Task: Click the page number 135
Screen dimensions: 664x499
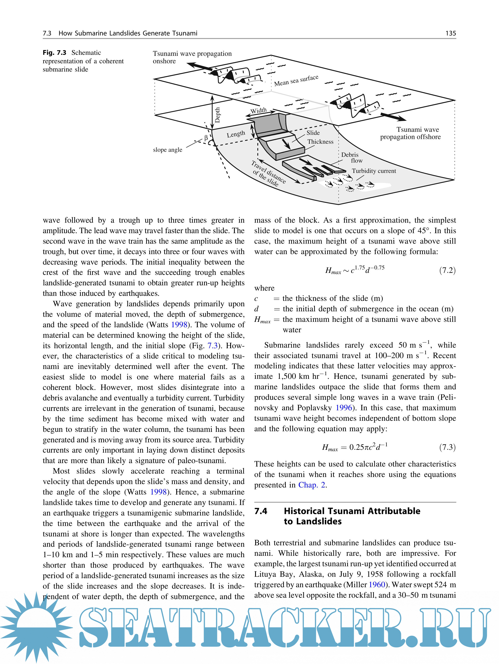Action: (x=451, y=33)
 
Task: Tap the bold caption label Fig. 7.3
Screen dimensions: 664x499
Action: (x=54, y=53)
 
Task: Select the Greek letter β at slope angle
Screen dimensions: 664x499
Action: (x=206, y=138)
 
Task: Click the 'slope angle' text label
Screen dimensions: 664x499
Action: (x=168, y=150)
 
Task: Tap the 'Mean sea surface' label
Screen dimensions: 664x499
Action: (x=296, y=80)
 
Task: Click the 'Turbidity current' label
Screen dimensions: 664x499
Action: (x=374, y=171)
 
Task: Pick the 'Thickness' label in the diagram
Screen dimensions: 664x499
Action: (x=320, y=142)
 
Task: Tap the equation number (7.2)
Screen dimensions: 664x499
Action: (x=447, y=270)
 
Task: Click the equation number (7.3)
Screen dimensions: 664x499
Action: (x=447, y=447)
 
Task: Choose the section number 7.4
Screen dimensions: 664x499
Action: (x=261, y=511)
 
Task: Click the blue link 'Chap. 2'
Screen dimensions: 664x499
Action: (x=312, y=485)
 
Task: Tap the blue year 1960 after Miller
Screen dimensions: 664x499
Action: (x=377, y=584)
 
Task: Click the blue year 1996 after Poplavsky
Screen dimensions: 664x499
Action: (x=343, y=408)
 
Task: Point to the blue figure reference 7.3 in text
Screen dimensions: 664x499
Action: (x=212, y=346)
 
